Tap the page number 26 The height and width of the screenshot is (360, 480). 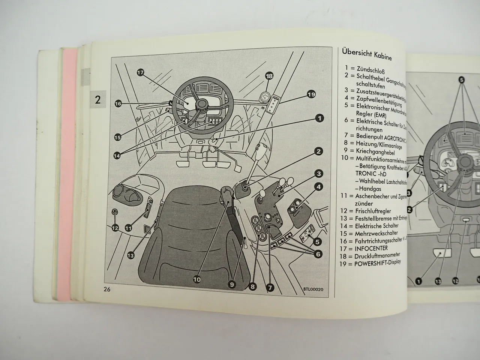[x=105, y=289]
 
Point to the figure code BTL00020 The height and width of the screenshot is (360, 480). [x=313, y=289]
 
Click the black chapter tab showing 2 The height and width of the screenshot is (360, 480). [x=97, y=100]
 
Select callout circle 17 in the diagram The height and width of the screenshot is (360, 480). [x=141, y=73]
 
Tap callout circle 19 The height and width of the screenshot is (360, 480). [x=311, y=94]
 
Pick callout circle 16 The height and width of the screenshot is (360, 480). [x=118, y=103]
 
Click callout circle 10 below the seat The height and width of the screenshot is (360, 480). [x=197, y=279]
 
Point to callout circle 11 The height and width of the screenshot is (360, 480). [x=128, y=227]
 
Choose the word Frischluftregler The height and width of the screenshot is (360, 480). [x=376, y=211]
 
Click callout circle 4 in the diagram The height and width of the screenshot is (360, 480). [x=318, y=187]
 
